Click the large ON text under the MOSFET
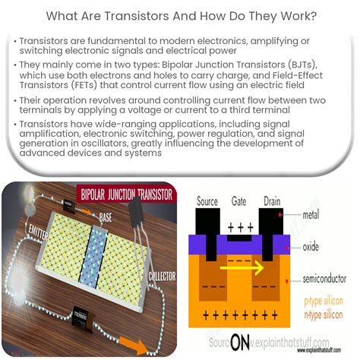pos(240,343)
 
